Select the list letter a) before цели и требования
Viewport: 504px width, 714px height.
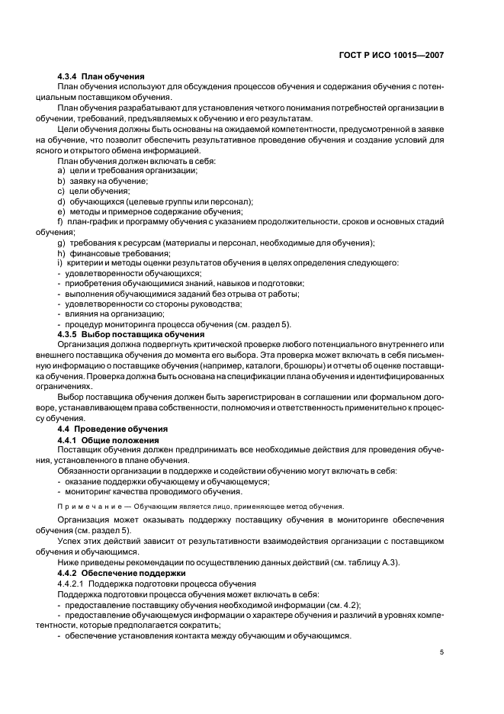point(61,171)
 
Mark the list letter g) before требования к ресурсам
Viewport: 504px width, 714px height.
point(61,243)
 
